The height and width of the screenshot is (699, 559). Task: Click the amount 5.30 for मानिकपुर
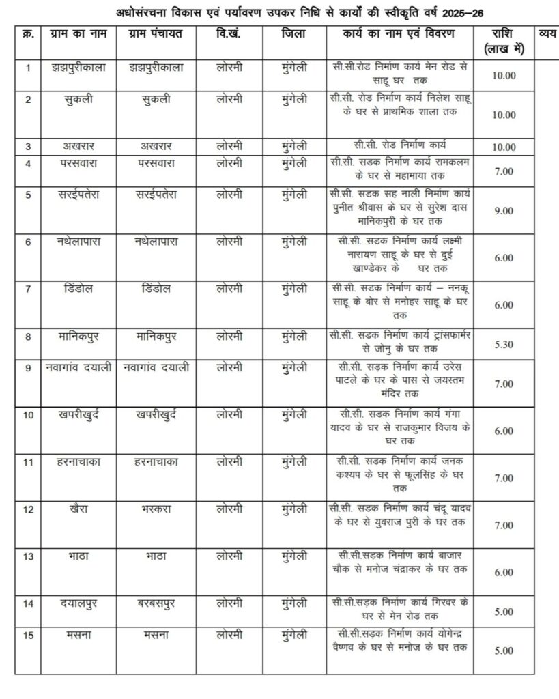click(x=503, y=345)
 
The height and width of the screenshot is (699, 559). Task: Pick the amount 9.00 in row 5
click(x=503, y=211)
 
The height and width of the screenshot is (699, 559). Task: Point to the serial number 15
click(x=28, y=635)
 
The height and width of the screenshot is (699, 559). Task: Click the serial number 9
click(x=28, y=368)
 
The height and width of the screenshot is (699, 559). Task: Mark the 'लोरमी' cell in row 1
click(x=229, y=67)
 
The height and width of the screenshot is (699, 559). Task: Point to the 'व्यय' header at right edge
click(x=546, y=33)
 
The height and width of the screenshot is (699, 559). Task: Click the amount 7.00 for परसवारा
click(x=503, y=171)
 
